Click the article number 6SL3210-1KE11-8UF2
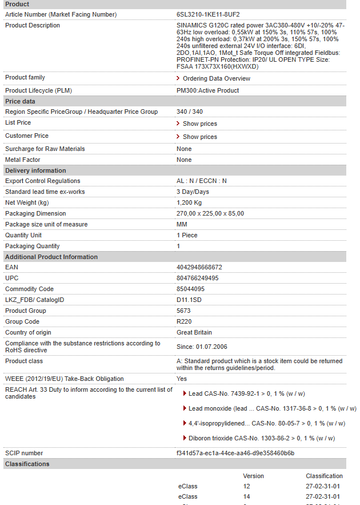tap(208, 14)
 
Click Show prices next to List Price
tap(199, 124)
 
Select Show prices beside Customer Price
tap(199, 137)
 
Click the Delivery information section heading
tap(35, 170)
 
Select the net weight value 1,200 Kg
tap(189, 202)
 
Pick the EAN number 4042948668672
tap(199, 267)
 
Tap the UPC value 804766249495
tap(197, 278)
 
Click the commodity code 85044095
tap(190, 289)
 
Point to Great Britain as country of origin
tap(194, 332)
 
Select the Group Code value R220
tap(183, 321)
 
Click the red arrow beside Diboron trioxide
tap(184, 438)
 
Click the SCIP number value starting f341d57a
tap(235, 453)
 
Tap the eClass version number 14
tap(246, 496)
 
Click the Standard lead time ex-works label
tap(45, 192)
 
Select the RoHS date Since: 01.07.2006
tap(202, 347)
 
